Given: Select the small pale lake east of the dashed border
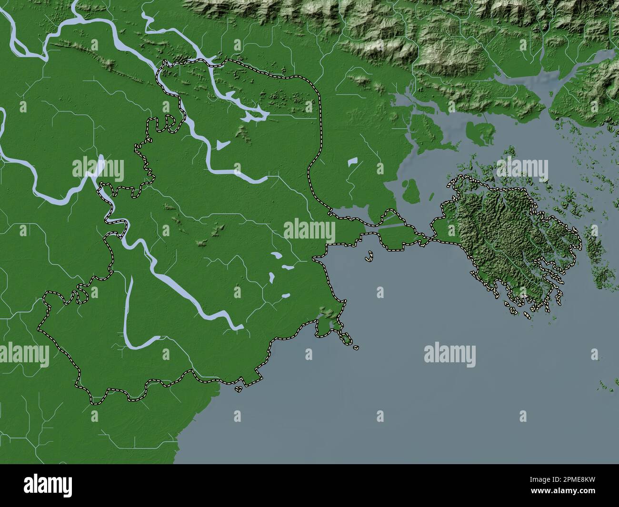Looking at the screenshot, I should coord(352,162).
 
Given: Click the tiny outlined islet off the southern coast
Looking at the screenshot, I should coord(238,389).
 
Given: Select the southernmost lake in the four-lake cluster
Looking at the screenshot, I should coord(285,296).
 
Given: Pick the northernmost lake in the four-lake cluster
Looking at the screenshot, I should coord(276,256).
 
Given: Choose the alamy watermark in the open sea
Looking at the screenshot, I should coord(449,355).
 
